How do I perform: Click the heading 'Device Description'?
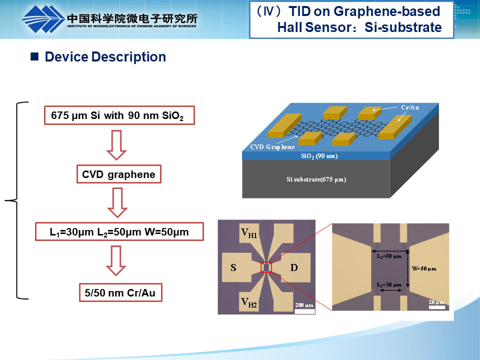(x=105, y=57)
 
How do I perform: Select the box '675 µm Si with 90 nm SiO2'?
(x=119, y=116)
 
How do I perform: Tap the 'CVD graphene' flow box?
(x=119, y=175)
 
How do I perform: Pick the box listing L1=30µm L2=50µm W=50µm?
(x=119, y=232)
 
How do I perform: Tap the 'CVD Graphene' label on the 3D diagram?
(x=272, y=147)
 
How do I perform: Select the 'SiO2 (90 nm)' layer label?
(x=319, y=156)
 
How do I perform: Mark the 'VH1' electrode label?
(x=249, y=232)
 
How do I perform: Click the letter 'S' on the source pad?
(x=233, y=267)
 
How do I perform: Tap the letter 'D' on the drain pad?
(x=294, y=267)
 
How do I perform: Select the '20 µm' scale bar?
(x=436, y=304)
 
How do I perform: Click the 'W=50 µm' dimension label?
(x=424, y=268)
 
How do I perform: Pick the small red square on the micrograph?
(x=266, y=267)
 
